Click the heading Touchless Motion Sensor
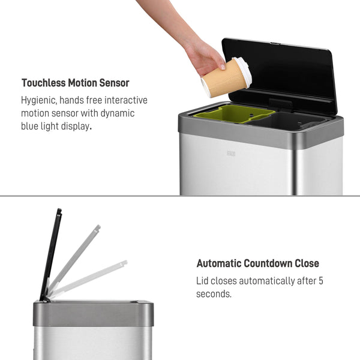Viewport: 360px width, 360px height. tap(75, 83)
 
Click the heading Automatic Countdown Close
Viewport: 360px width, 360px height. tap(257, 263)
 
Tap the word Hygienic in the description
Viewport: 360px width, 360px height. tap(39, 100)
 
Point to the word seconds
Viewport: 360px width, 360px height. tap(214, 294)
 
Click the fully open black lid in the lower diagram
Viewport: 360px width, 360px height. tap(52, 252)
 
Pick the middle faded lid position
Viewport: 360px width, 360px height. tap(75, 258)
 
